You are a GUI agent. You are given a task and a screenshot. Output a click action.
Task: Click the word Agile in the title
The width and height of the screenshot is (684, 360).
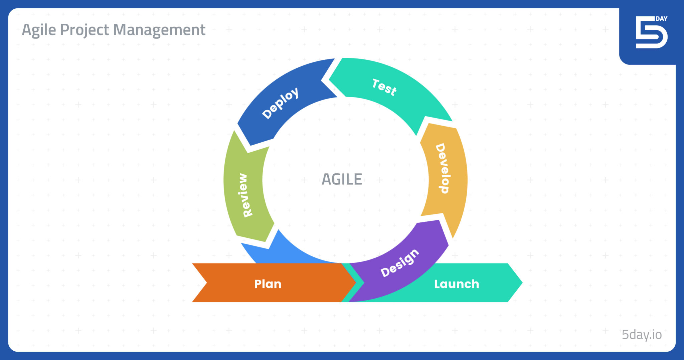pos(39,30)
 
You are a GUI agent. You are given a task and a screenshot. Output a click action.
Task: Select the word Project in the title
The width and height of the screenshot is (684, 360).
pos(84,30)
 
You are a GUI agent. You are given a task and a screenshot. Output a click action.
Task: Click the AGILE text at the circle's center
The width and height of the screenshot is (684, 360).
pos(342,179)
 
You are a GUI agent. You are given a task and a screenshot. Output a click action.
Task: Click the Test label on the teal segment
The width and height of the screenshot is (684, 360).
pos(384,87)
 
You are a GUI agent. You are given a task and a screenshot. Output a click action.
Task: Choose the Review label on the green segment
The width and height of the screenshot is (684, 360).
pos(245,195)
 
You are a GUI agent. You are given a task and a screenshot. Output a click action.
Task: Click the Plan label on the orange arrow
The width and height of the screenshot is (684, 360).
pos(268,284)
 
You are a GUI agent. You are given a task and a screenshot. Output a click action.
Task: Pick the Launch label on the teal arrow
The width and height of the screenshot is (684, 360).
pos(456,284)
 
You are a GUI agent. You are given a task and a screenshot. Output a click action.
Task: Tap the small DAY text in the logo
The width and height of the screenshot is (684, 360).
pos(661,19)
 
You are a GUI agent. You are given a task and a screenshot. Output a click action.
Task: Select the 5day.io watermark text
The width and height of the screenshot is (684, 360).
pos(641,334)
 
